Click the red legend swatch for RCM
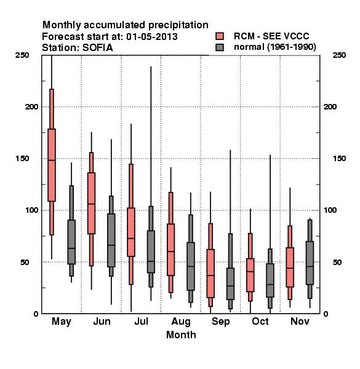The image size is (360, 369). [x=220, y=36]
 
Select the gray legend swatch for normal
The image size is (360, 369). [x=220, y=47]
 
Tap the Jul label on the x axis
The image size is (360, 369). [x=142, y=321]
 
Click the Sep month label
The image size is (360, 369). [x=220, y=322]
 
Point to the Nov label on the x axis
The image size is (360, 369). [x=300, y=321]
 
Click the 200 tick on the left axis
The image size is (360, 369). [x=31, y=107]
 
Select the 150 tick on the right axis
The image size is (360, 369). [x=339, y=159]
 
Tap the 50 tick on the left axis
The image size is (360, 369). [x=25, y=262]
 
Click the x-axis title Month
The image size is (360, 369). [x=181, y=335]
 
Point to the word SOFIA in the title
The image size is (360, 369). [x=97, y=48]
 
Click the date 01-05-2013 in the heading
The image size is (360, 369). [x=152, y=37]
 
